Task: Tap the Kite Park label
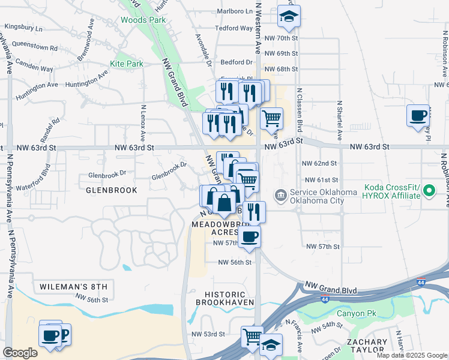coord(126,64)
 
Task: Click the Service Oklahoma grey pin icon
coord(280,196)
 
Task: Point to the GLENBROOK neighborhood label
coord(111,190)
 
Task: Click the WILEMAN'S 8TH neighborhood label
coord(73,286)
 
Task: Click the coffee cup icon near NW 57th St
coord(249,236)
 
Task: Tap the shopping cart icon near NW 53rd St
coord(252,337)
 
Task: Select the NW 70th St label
coord(280,38)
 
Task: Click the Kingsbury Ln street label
coord(23,28)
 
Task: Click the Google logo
coord(20,353)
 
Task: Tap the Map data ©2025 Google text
coord(412,355)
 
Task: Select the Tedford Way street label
coord(234,28)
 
